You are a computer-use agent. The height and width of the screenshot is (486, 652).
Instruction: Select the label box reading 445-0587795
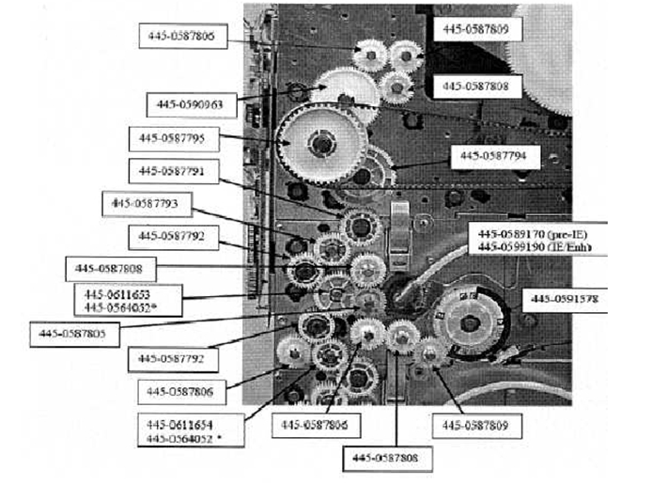173,138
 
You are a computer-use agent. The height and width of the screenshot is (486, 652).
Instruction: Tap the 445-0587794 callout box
493,156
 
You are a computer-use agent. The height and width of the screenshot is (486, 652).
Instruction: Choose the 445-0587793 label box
151,202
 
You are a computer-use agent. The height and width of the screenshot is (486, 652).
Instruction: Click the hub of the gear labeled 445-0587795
323,144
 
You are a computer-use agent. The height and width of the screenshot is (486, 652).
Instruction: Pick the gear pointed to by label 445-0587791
357,227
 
